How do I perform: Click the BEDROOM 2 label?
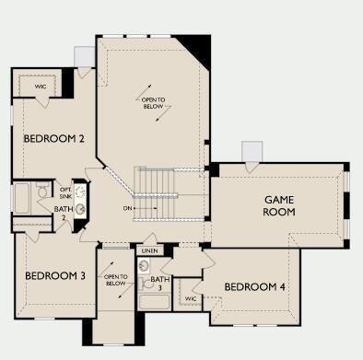[x=53, y=139]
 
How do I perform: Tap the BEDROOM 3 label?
[x=55, y=275]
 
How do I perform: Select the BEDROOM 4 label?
[x=255, y=287]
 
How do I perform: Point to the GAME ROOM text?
[x=279, y=206]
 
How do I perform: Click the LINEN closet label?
[x=150, y=251]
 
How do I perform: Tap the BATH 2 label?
[x=64, y=214]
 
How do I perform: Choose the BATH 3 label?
[x=160, y=284]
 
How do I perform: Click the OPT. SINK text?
[x=65, y=193]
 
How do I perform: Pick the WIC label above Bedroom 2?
[x=41, y=87]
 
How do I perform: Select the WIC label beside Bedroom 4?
[x=191, y=298]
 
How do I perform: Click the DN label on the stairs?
[x=127, y=208]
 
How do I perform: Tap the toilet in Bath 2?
[x=42, y=191]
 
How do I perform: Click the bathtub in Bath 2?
[x=22, y=198]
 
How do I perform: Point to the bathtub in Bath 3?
[x=154, y=302]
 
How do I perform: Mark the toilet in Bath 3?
[x=146, y=284]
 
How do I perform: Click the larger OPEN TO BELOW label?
[x=153, y=103]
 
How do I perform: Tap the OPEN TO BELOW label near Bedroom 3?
[x=116, y=280]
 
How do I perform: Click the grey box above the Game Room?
[x=252, y=151]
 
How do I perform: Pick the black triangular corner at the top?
[x=199, y=48]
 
